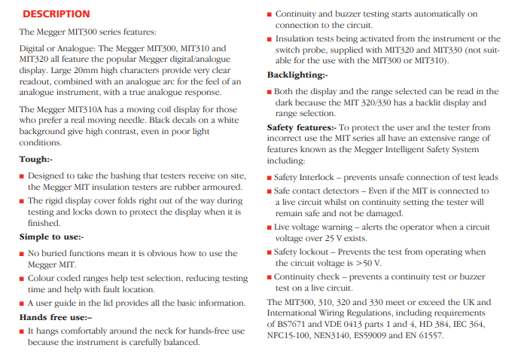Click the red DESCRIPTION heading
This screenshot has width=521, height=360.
click(56, 14)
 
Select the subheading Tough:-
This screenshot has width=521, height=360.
click(35, 159)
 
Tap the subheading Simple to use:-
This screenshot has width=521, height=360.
click(51, 236)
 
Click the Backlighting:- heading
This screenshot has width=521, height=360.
click(297, 75)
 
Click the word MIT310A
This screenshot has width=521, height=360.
click(92, 108)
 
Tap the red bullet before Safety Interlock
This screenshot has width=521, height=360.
click(270, 177)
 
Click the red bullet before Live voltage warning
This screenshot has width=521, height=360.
click(270, 227)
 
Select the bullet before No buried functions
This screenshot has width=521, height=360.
click(22, 254)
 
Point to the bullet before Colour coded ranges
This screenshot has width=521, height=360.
click(22, 279)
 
